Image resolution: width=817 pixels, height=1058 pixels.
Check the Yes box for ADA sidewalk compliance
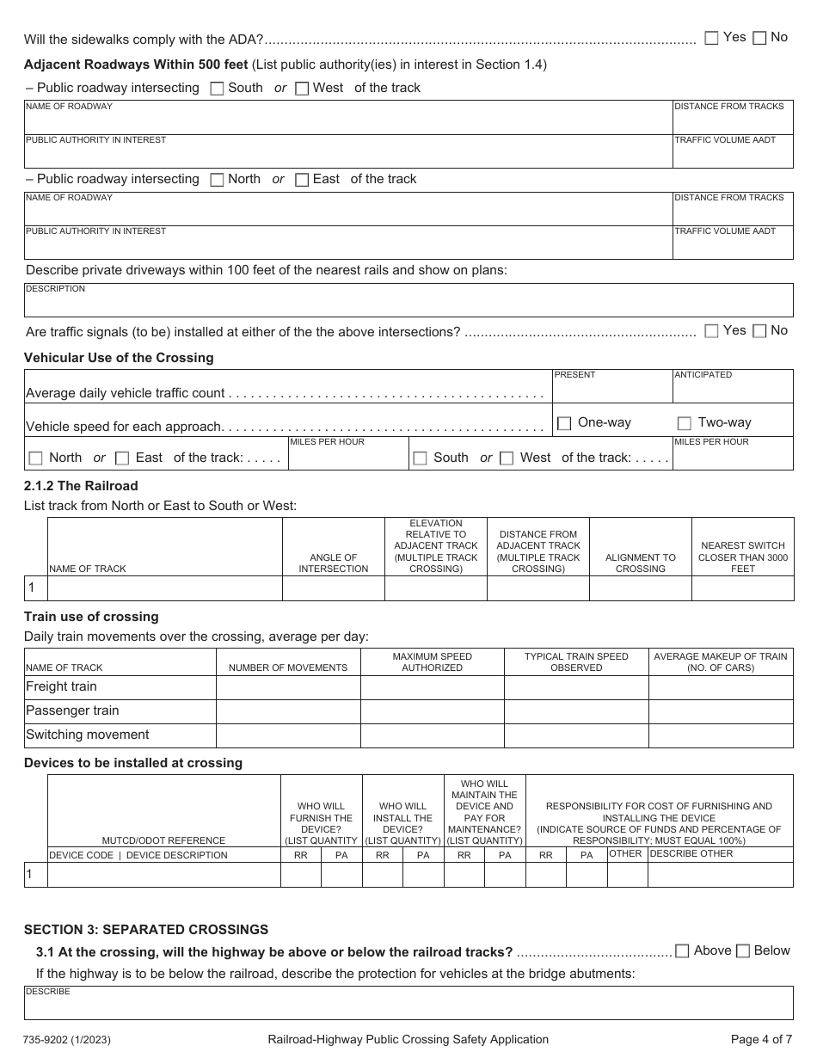click(711, 38)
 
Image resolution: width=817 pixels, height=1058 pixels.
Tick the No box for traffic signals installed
click(759, 331)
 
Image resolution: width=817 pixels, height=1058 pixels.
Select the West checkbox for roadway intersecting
click(302, 89)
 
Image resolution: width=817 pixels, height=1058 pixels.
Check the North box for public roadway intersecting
click(217, 180)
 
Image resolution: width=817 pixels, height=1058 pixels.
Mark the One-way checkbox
click(564, 423)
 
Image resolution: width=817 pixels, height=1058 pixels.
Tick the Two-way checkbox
click(685, 423)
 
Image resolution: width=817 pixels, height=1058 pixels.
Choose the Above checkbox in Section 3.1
click(682, 951)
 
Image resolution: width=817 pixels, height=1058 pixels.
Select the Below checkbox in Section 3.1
click(743, 951)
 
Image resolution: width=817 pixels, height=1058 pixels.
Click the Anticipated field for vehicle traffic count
click(733, 391)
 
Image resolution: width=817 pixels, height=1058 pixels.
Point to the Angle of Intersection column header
click(333, 563)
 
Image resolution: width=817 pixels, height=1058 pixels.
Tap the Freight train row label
click(62, 686)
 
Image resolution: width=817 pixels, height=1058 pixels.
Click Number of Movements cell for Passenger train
click(287, 711)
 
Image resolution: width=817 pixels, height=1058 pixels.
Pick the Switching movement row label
click(88, 735)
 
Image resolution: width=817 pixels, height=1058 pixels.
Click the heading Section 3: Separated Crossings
click(146, 930)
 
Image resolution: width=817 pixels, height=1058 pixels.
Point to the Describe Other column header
click(691, 854)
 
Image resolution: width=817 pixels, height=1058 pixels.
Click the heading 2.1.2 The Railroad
click(81, 486)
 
